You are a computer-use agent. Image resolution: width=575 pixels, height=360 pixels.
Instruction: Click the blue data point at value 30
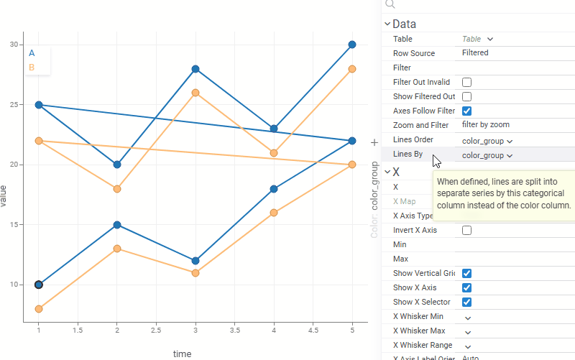coord(352,45)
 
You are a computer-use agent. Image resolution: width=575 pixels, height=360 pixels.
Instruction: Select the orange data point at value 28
coord(352,69)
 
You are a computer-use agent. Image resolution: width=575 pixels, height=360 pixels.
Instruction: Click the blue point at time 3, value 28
coord(195,69)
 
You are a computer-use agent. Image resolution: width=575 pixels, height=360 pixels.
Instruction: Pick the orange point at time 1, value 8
coord(39,309)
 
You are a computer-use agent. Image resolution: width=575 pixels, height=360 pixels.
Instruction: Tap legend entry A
coord(32,52)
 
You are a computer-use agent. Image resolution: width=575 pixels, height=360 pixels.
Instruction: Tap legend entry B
coord(32,68)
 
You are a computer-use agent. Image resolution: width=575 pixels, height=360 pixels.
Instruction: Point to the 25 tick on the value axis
coord(14,105)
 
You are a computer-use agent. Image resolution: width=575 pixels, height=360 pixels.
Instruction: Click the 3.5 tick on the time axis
coord(234,329)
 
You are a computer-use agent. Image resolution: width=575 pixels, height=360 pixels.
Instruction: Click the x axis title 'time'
coord(182,354)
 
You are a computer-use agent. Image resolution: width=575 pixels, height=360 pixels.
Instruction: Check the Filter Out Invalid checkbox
coord(466,82)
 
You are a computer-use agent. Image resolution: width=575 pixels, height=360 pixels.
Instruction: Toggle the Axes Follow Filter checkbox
coord(466,111)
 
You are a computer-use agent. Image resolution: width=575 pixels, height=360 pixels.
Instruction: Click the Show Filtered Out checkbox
coord(466,96)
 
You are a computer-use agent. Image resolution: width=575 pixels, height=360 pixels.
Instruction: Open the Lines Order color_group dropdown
coord(487,141)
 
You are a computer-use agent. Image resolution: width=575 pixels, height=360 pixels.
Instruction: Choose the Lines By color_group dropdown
coord(487,155)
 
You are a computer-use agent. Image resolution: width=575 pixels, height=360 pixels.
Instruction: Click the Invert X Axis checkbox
coord(466,230)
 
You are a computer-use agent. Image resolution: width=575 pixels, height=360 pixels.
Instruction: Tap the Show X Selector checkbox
coord(466,302)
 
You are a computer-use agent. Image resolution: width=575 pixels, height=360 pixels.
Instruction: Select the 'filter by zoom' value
coord(485,125)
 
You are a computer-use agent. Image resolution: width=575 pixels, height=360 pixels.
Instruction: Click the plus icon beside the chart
coord(374,143)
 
